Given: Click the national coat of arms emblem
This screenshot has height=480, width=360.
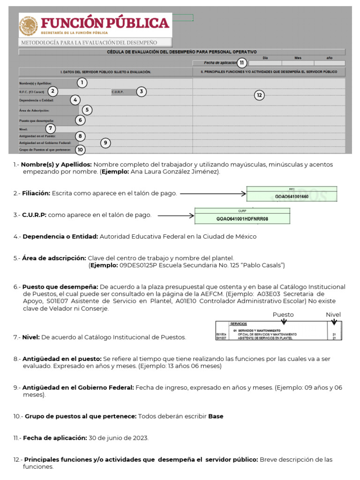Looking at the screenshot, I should coord(29,26).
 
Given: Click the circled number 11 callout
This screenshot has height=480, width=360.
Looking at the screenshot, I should coord(241,63).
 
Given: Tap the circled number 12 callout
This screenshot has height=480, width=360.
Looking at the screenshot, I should coord(259,95).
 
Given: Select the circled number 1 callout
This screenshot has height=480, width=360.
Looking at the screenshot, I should coord(82,83).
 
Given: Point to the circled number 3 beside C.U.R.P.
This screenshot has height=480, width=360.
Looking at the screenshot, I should coord(142,91).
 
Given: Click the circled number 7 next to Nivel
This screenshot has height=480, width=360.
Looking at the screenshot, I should coord(51,128).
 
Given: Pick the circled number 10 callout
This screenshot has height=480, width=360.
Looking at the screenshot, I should coord(81,150).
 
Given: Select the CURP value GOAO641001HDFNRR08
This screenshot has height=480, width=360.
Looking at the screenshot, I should coord(242,219).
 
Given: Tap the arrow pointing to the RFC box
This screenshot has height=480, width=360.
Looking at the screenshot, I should coord(213,193).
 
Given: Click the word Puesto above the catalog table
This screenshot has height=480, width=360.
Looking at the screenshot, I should coord(283,315).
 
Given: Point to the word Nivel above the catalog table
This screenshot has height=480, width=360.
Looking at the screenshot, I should coord(333,315).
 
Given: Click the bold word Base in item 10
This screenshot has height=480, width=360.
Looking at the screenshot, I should coord(216,416).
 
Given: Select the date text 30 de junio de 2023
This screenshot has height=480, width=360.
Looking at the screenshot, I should coord(119,438).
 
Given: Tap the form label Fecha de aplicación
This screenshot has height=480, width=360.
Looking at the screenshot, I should coord(220,63).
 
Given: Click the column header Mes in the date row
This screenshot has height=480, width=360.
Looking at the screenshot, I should coord(298,58).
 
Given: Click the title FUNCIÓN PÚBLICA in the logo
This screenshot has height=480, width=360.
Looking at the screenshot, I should coord(106,22).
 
